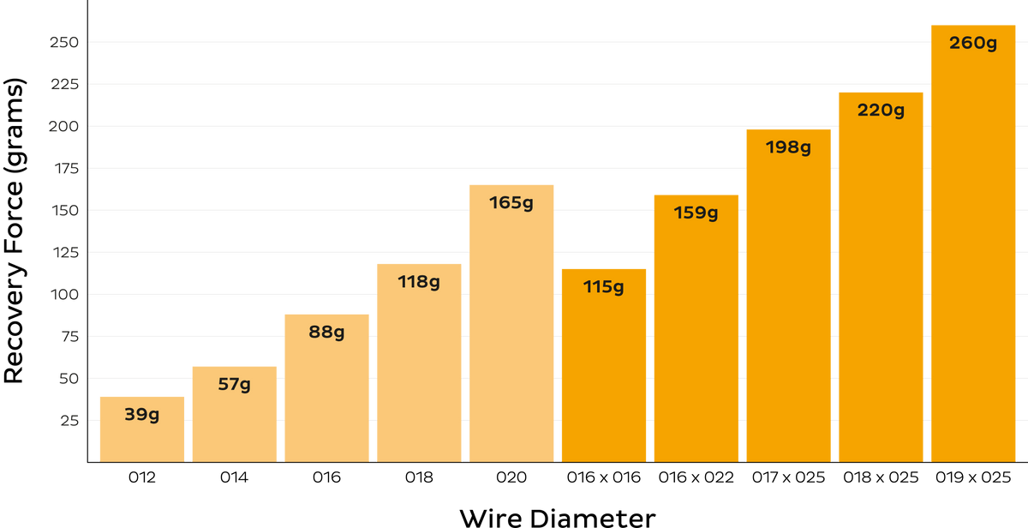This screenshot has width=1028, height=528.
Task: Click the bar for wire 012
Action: click(x=142, y=429)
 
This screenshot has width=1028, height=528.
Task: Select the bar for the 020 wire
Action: click(x=511, y=323)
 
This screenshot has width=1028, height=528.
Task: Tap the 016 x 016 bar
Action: click(x=604, y=365)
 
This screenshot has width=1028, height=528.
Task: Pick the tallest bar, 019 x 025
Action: click(x=973, y=243)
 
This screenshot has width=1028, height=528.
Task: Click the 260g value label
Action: click(x=973, y=44)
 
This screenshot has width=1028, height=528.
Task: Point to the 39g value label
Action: click(x=142, y=415)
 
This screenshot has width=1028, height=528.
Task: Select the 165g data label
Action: click(x=511, y=203)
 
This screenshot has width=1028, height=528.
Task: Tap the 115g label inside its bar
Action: click(x=603, y=287)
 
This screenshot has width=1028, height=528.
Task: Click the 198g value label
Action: click(x=788, y=147)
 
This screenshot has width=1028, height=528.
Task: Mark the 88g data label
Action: click(x=326, y=333)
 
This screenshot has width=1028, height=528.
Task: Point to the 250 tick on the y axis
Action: click(x=64, y=42)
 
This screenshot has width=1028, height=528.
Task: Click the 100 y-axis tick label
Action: click(x=65, y=294)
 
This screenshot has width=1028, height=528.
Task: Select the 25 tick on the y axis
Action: click(x=69, y=421)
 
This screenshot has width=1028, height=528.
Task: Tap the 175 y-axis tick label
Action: click(x=67, y=169)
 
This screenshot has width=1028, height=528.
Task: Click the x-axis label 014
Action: click(x=234, y=477)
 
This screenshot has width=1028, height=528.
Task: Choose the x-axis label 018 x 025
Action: click(x=881, y=477)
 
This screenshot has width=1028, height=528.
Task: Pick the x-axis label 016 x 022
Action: click(x=696, y=477)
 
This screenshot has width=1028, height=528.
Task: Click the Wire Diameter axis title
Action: click(x=558, y=519)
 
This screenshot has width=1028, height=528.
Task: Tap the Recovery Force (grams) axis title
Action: click(x=14, y=231)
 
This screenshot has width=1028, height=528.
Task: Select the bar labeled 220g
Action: click(x=881, y=278)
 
